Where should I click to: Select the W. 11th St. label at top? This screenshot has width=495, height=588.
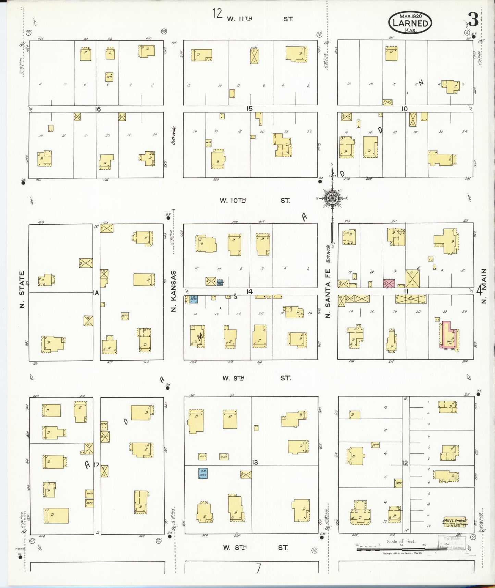[259, 19]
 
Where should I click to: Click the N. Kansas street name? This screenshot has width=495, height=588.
[173, 291]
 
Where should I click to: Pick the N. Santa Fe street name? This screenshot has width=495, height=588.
[328, 295]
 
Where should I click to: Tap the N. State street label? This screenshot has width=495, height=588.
[22, 289]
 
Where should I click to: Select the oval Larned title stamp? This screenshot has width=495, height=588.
[410, 23]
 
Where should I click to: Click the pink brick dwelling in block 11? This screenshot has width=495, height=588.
[448, 336]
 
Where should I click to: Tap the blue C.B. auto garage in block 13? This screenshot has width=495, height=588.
[203, 473]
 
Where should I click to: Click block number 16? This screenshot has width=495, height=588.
[98, 109]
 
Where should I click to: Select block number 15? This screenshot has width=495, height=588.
[249, 109]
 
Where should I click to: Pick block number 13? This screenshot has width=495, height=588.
[255, 462]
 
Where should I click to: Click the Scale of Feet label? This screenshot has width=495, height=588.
[401, 541]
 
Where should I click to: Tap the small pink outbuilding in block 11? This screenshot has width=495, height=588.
[389, 283]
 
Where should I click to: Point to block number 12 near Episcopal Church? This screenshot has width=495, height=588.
[405, 463]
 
